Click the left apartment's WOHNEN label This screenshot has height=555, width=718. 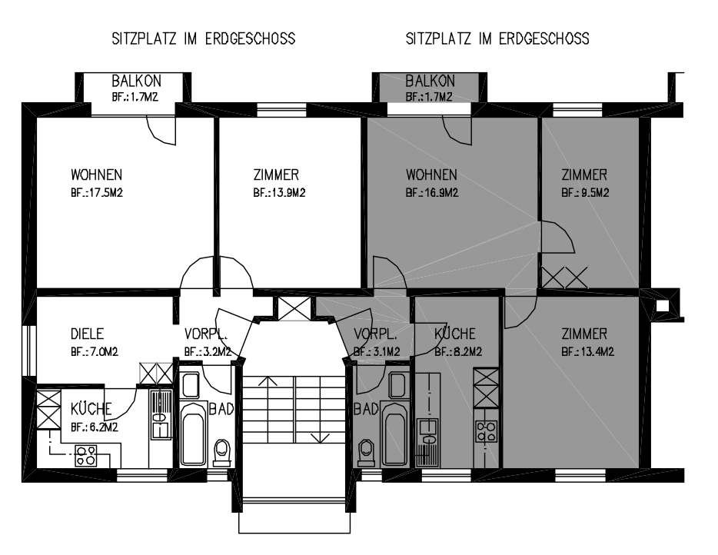[x=97, y=175]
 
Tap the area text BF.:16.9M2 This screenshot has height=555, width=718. [x=432, y=193]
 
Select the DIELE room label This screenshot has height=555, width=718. [x=87, y=334]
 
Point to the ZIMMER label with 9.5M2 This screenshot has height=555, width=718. [x=584, y=175]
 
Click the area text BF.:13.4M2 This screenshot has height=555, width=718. [x=587, y=352]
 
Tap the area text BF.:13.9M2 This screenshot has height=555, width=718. [x=279, y=193]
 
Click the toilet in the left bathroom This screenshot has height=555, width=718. [x=222, y=453]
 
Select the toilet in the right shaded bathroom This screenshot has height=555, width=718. [x=367, y=453]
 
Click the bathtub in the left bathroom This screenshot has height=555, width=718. [x=193, y=434]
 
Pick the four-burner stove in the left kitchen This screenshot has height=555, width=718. [x=86, y=456]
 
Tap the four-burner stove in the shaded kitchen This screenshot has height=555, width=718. [x=487, y=431]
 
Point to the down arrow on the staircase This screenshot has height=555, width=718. [x=320, y=437]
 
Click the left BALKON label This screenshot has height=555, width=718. [x=137, y=81]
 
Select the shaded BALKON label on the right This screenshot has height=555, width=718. [x=430, y=81]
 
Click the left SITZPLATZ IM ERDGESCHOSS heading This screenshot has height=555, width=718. [x=204, y=38]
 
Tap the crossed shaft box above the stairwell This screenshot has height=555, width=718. [x=294, y=309]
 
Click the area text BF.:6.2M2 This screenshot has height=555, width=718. [x=95, y=427]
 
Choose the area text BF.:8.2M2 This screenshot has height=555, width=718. [x=458, y=352]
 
